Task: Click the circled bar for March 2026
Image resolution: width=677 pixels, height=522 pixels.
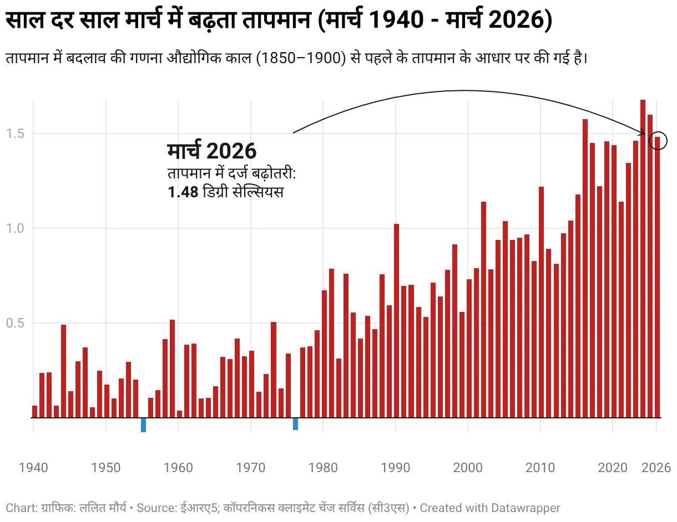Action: point(657,277)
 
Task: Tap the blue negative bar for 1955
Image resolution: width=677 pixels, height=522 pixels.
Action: point(143,425)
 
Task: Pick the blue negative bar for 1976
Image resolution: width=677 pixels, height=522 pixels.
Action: point(295,424)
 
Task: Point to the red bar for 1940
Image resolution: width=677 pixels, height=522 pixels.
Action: point(34,412)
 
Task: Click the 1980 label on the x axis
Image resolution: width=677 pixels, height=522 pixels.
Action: point(323,468)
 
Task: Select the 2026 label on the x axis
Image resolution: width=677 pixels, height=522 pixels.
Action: point(656,468)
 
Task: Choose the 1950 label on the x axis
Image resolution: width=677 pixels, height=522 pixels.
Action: point(106,468)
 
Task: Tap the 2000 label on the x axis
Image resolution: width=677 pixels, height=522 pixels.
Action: point(468,468)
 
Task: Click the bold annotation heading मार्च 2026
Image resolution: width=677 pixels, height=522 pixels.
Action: point(211,151)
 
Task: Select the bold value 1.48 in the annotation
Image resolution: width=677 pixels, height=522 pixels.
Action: point(183,193)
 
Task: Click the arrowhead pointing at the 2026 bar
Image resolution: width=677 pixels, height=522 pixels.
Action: point(643,133)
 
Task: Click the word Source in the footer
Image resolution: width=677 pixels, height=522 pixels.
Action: point(154,508)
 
